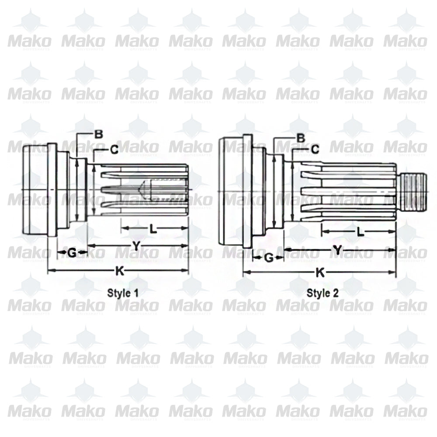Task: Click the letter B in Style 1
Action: click(99, 134)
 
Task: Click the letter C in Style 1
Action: click(114, 149)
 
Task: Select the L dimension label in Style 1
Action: click(153, 229)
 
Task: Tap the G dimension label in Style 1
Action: click(72, 252)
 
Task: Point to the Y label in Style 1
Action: click(136, 246)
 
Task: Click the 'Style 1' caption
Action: click(123, 293)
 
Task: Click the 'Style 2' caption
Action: click(323, 293)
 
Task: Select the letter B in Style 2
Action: click(301, 138)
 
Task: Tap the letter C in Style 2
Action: click(315, 149)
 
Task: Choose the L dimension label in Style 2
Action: click(360, 232)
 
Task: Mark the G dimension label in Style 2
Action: click(269, 258)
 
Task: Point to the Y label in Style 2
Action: click(337, 250)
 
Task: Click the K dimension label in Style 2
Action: click(320, 273)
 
